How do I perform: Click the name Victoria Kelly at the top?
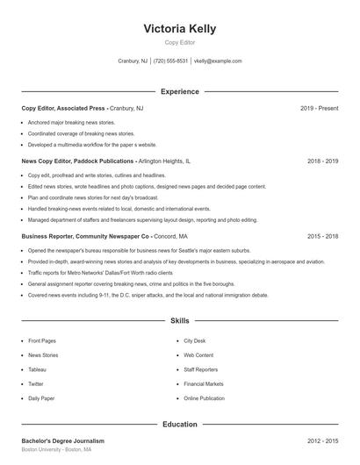180,28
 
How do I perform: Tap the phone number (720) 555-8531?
170,61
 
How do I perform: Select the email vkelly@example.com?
218,61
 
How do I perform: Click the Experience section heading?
180,91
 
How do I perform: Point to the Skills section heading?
180,321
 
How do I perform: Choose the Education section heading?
180,425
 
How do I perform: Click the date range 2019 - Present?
319,108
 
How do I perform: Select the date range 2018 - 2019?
322,161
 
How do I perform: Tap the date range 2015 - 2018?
322,236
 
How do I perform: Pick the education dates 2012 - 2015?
322,441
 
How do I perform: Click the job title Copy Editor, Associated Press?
63,108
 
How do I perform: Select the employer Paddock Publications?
104,161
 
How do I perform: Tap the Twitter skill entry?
36,383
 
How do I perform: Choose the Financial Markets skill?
203,383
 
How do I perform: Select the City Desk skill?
195,340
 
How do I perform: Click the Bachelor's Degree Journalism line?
63,441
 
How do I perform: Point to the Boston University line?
56,450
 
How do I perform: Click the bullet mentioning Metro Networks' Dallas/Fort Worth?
99,273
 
